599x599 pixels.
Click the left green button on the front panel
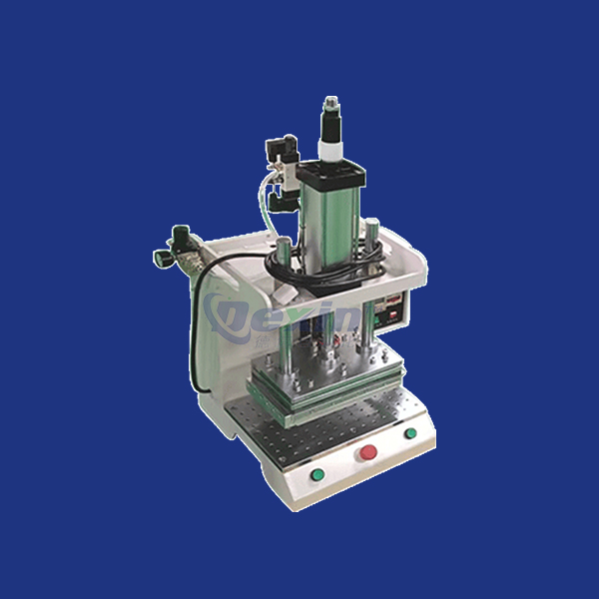point(318,473)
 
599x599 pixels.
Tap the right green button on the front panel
point(410,433)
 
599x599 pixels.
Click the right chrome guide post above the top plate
point(370,240)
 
